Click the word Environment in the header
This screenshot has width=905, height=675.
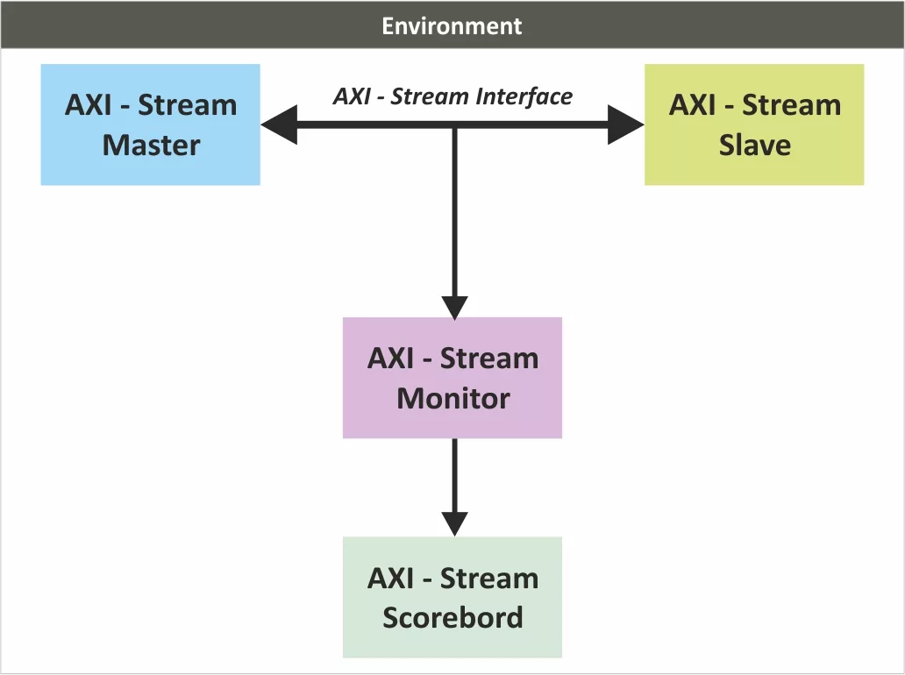click(x=452, y=26)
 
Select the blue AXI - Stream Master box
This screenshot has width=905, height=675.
click(x=151, y=124)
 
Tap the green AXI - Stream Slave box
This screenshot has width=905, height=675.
click(x=754, y=124)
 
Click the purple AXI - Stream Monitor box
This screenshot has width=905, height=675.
click(x=452, y=378)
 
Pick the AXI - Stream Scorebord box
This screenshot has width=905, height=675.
click(x=452, y=597)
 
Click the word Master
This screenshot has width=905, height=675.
click(x=151, y=145)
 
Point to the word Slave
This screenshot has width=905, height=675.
click(x=755, y=145)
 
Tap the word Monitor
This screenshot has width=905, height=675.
click(x=453, y=399)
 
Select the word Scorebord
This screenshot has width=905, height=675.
click(x=453, y=617)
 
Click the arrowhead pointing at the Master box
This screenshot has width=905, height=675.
click(x=280, y=124)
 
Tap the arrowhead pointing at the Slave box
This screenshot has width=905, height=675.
click(x=625, y=124)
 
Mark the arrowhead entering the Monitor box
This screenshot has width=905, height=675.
click(x=455, y=308)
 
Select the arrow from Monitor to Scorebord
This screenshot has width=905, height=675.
click(x=455, y=487)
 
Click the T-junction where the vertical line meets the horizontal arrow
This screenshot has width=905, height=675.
click(x=455, y=125)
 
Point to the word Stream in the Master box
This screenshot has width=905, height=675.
click(x=188, y=105)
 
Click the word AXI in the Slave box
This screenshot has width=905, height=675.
click(x=692, y=105)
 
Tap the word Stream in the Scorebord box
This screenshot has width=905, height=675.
click(x=489, y=578)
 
